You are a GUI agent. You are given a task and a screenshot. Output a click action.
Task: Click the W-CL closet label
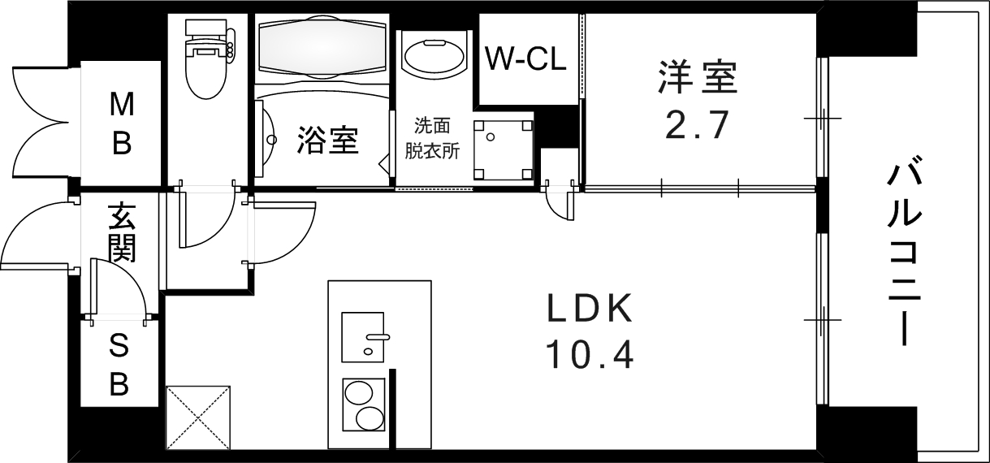(525, 58)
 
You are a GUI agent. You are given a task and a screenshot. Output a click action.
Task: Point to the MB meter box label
(122, 123)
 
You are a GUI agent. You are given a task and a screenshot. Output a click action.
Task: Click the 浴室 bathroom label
(328, 140)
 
